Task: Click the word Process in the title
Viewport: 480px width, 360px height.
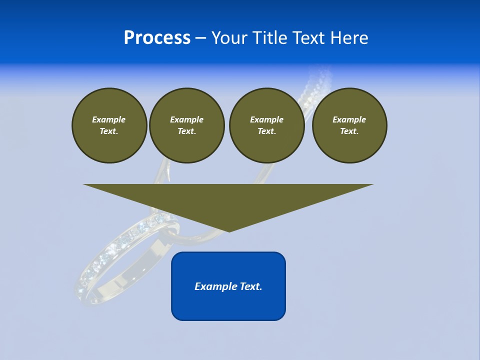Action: point(157,38)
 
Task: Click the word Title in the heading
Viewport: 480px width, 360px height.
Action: point(270,38)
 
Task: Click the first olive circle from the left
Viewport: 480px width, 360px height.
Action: point(109,125)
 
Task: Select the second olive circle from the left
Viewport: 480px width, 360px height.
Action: point(186,125)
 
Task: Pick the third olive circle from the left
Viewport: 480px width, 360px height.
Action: point(266,125)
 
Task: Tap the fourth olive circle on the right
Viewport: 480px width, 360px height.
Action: point(349,125)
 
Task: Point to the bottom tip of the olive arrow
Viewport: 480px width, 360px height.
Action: point(229,231)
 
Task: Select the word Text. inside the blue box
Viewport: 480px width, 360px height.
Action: point(250,286)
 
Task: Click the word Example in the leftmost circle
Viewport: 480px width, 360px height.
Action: point(109,119)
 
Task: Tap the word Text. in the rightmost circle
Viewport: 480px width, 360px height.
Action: point(349,131)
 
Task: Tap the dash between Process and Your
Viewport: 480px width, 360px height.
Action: point(200,38)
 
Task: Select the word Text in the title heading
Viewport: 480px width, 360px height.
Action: point(307,38)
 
